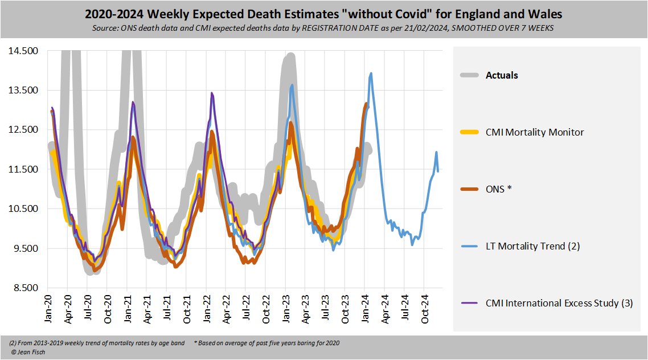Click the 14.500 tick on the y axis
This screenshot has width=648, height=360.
(23, 51)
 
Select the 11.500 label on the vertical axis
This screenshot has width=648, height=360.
(23, 169)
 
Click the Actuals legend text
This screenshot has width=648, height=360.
(501, 75)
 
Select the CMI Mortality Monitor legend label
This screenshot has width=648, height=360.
(534, 132)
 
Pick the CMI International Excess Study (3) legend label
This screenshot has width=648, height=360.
(559, 303)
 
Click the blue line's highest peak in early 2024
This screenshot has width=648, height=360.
(371, 73)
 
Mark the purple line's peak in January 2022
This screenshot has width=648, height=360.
(212, 93)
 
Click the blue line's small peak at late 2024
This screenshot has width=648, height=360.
(436, 152)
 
